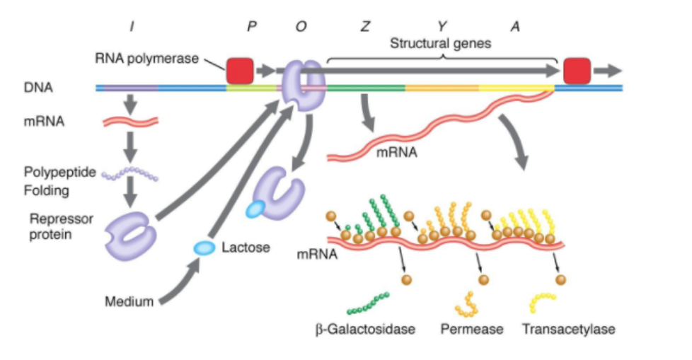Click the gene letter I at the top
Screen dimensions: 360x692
pyautogui.click(x=132, y=26)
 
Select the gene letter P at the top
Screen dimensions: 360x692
pyautogui.click(x=251, y=26)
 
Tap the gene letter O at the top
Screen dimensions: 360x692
pyautogui.click(x=301, y=26)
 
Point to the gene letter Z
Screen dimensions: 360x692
pyautogui.click(x=365, y=26)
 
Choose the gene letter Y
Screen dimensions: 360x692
pyautogui.click(x=442, y=26)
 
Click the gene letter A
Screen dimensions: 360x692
pyautogui.click(x=514, y=26)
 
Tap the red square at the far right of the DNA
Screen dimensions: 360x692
pyautogui.click(x=577, y=71)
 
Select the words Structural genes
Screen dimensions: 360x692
pyautogui.click(x=441, y=43)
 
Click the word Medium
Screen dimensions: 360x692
pyautogui.click(x=129, y=302)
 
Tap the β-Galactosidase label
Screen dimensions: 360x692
pyautogui.click(x=365, y=329)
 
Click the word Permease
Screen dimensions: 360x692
pyautogui.click(x=471, y=329)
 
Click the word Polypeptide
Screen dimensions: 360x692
pyautogui.click(x=59, y=172)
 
